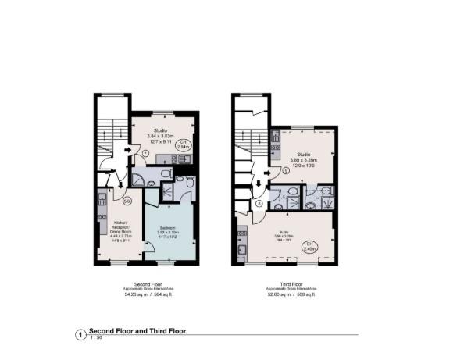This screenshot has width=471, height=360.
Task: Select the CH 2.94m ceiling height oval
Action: pos(184,144)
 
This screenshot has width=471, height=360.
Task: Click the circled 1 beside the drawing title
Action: pos(79,334)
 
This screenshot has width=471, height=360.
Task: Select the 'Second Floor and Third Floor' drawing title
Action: pos(137,330)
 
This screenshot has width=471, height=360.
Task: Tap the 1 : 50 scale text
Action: pos(97,337)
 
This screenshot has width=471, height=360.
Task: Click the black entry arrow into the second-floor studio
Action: pos(127,148)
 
